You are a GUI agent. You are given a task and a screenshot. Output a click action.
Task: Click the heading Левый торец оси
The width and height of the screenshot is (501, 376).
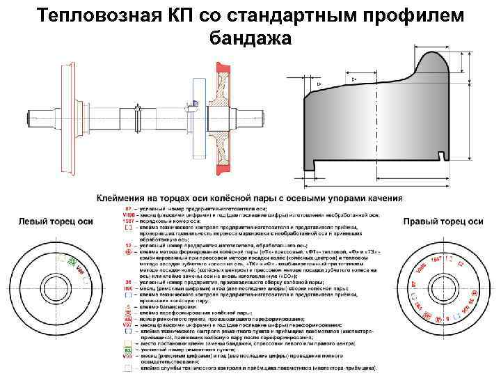click(55, 221)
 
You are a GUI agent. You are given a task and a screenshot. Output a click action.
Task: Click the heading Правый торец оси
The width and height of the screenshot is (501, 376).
click(443, 221)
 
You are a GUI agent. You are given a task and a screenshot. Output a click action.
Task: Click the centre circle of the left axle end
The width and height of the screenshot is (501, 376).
click(53, 287)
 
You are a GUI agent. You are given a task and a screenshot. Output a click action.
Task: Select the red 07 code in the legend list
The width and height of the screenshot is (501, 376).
click(128, 208)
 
